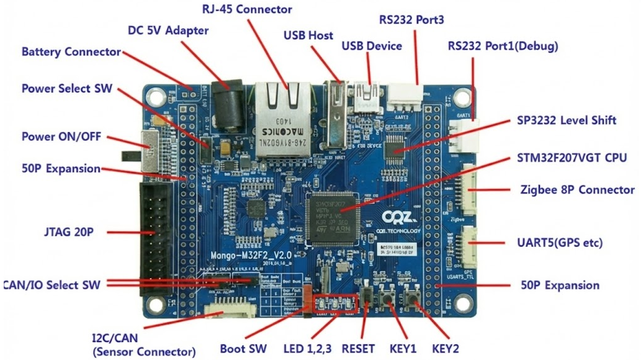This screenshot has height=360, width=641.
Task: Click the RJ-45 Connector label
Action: (x=247, y=9)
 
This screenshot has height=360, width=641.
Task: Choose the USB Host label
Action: (x=308, y=35)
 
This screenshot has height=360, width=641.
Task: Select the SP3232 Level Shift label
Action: (x=567, y=120)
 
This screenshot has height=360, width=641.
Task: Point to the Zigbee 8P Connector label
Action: (x=577, y=190)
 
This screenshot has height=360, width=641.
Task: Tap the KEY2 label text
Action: (x=449, y=348)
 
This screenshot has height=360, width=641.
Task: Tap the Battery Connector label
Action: (x=71, y=52)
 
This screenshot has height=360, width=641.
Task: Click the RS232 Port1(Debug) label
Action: (x=503, y=47)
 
